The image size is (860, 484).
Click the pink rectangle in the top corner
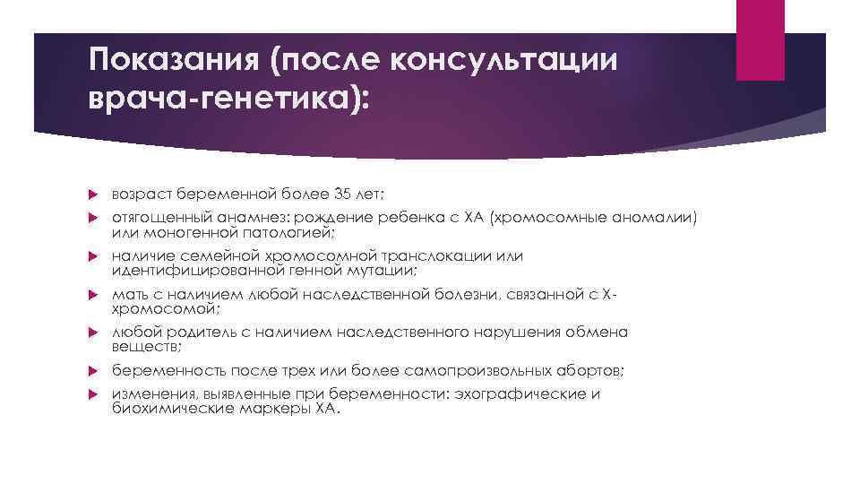[760, 39]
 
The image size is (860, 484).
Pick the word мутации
[381, 270]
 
